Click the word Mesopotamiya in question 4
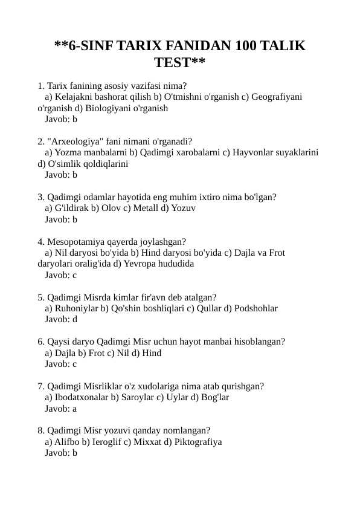point(76,241)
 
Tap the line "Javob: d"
point(61,319)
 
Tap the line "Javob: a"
point(61,409)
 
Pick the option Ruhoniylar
point(77,308)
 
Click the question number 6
point(40,342)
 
